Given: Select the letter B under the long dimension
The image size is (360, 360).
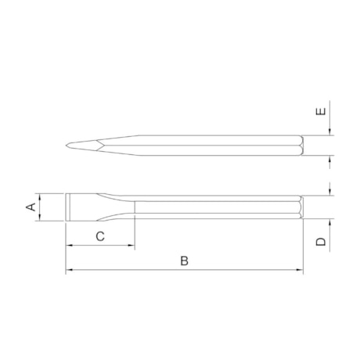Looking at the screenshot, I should tap(184, 261).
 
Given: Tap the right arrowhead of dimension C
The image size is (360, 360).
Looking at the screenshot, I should tap(132, 246).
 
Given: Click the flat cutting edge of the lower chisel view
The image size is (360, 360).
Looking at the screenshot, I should tap(67, 207).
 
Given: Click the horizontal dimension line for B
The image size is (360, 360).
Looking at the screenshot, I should tap(235, 271).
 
